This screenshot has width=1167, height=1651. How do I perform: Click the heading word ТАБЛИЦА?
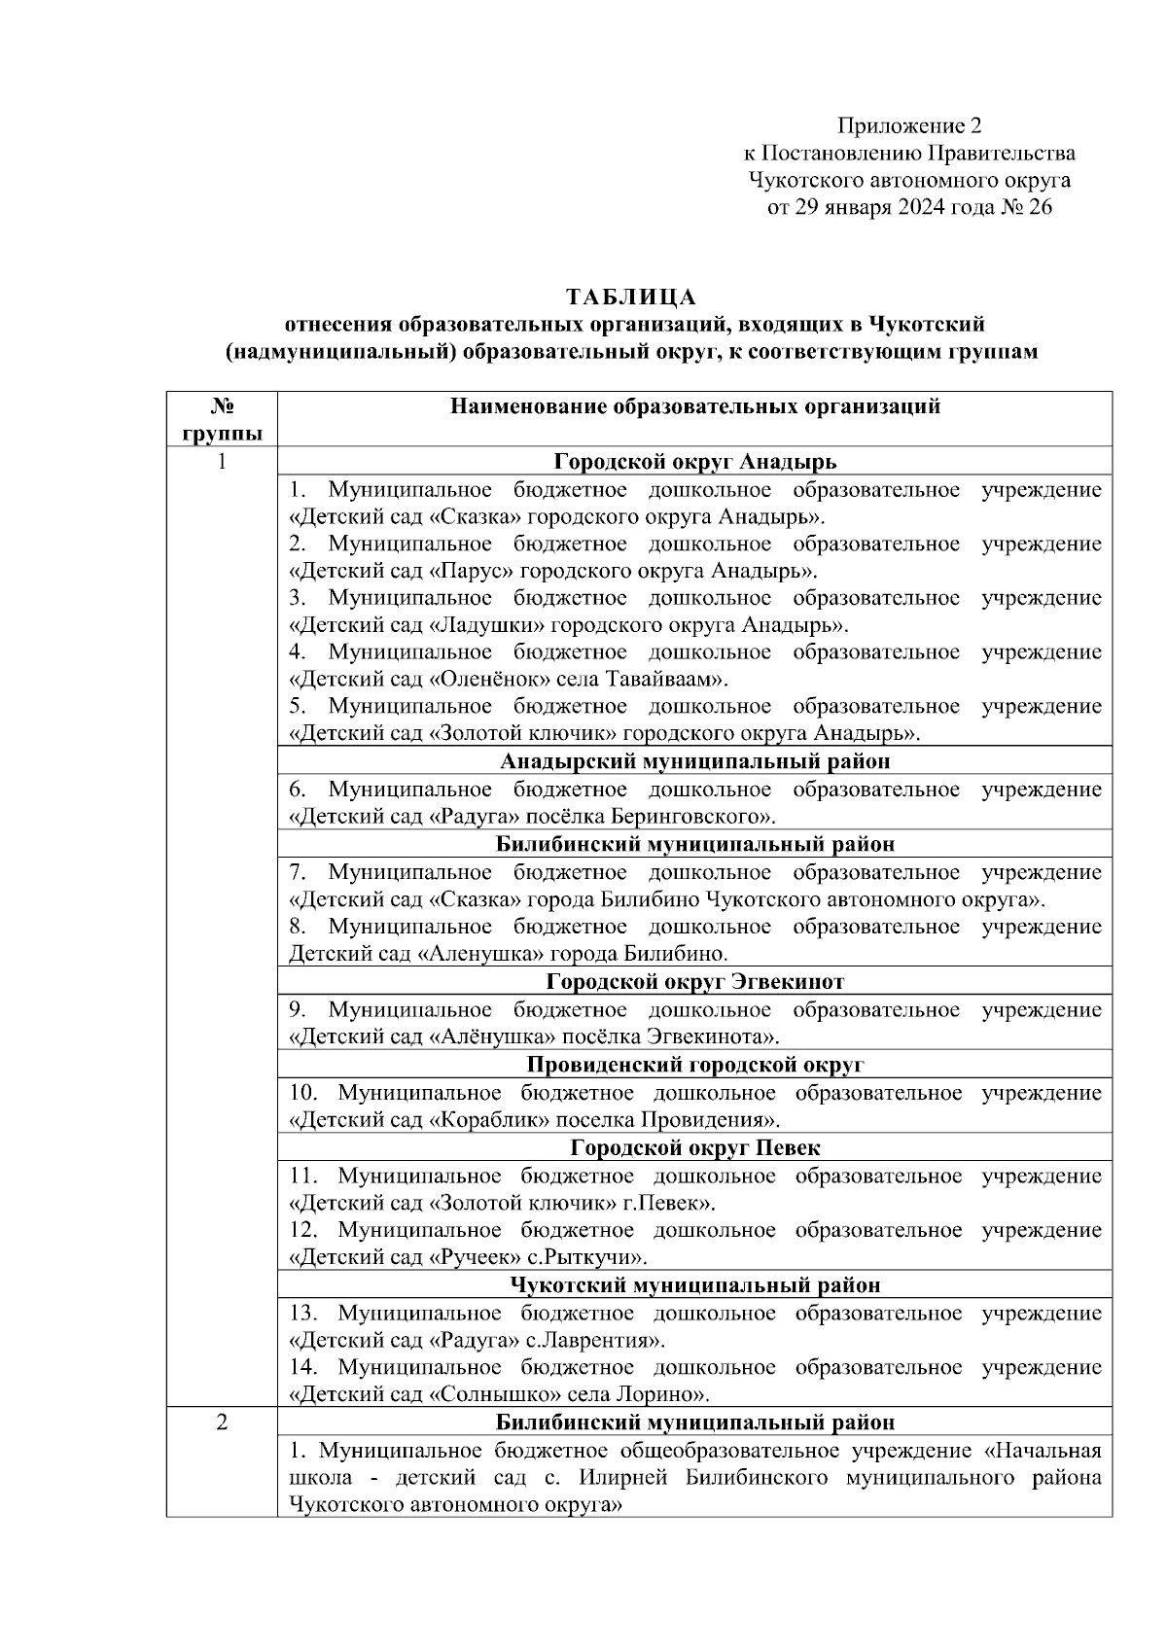(x=631, y=296)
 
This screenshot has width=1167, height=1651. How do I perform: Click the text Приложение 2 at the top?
(x=909, y=126)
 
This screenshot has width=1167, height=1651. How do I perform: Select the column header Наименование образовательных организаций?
(x=694, y=406)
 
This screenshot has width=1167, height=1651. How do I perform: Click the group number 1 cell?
(x=222, y=462)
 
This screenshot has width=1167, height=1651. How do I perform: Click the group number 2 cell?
(x=222, y=1423)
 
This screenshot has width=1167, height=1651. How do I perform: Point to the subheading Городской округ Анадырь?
(x=694, y=462)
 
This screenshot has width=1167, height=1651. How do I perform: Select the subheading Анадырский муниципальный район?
(x=694, y=761)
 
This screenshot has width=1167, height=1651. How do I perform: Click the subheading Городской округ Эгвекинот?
(x=694, y=981)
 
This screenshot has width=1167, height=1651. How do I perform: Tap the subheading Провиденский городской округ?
(x=694, y=1065)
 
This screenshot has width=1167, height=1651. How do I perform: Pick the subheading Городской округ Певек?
(x=694, y=1148)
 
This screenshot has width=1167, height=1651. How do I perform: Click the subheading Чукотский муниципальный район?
(x=694, y=1285)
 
